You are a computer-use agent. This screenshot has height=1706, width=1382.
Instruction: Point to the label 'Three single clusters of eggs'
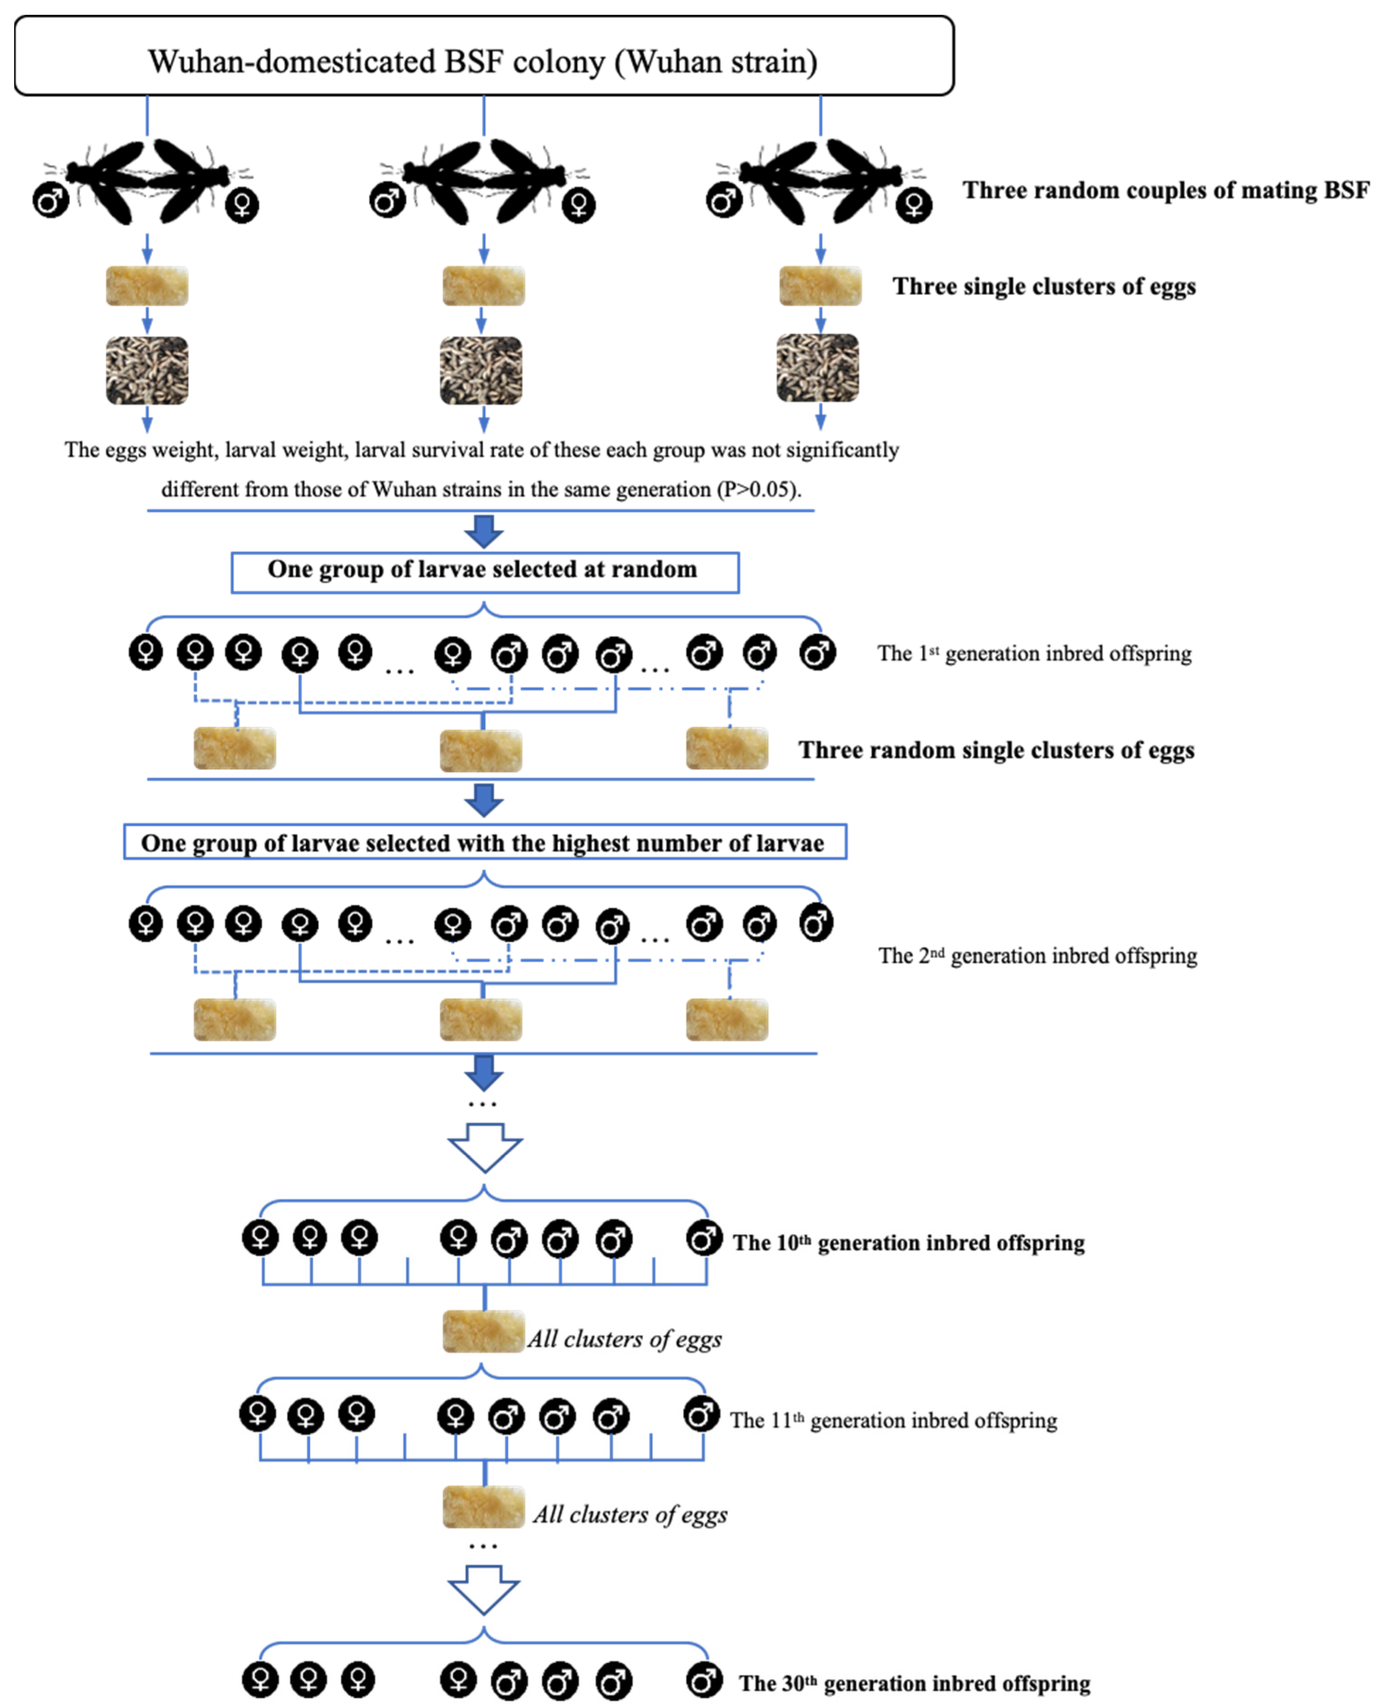[x=1043, y=286]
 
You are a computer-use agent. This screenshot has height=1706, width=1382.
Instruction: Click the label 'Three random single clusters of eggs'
[x=996, y=750]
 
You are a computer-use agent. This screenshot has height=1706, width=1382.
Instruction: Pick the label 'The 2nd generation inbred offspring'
[x=1037, y=956]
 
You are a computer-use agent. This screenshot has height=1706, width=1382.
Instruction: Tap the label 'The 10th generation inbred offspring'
[x=908, y=1243]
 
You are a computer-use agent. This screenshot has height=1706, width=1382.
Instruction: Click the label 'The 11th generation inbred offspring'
[x=893, y=1420]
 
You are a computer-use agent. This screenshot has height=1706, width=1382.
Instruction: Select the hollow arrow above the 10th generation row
[x=485, y=1147]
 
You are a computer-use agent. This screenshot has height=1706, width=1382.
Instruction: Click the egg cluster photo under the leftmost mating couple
[x=147, y=286]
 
